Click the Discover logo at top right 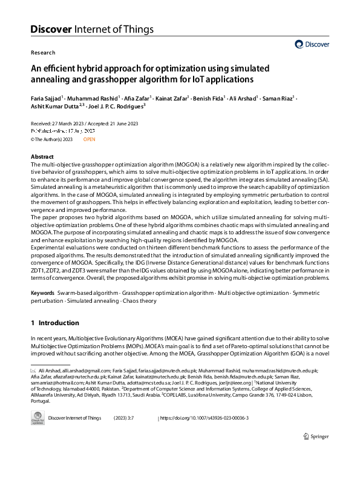(312, 44)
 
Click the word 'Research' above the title (43, 53)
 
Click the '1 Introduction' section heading (55, 323)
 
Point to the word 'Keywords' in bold (44, 293)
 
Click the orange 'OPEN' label (90, 139)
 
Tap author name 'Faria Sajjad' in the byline (50, 97)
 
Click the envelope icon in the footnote (33, 370)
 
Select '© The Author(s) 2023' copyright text (51, 139)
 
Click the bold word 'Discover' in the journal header (51, 28)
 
